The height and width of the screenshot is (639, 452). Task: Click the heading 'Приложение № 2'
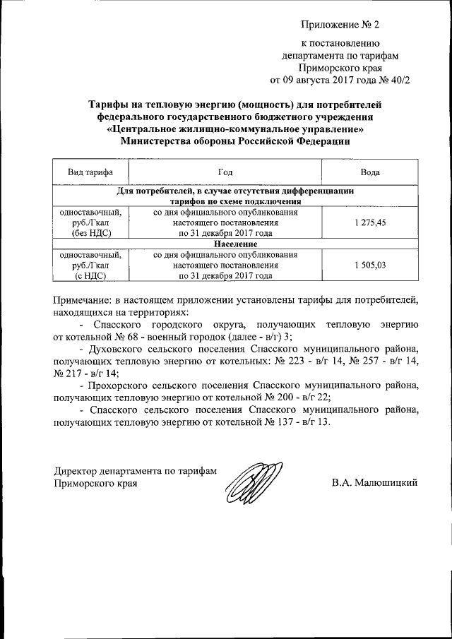tap(340, 25)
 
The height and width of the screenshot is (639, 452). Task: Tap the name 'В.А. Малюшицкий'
tap(375, 483)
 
